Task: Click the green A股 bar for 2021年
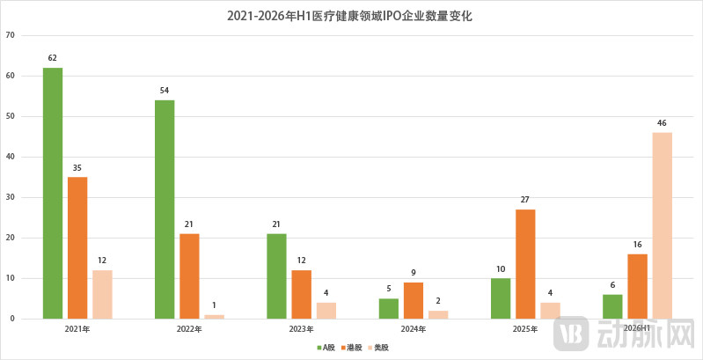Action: pos(53,194)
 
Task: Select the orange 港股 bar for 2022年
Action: pos(190,276)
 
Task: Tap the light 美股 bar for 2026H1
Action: pos(663,225)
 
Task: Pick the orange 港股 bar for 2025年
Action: pos(525,264)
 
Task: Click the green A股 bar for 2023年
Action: pos(276,276)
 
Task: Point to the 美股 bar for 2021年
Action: pos(103,295)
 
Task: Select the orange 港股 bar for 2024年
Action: pos(414,300)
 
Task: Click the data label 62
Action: pos(53,58)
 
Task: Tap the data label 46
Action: pos(662,123)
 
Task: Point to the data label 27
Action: pos(525,200)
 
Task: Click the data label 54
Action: pos(165,91)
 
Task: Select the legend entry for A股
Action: pos(326,348)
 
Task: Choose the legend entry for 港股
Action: pos(352,348)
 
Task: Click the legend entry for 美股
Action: pos(378,348)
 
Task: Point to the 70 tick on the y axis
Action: pos(11,35)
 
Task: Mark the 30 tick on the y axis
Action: pos(11,197)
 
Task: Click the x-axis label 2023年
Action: pos(301,329)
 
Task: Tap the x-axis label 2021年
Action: pos(77,329)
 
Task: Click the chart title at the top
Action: pos(349,17)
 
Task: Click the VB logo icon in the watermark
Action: pos(571,334)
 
